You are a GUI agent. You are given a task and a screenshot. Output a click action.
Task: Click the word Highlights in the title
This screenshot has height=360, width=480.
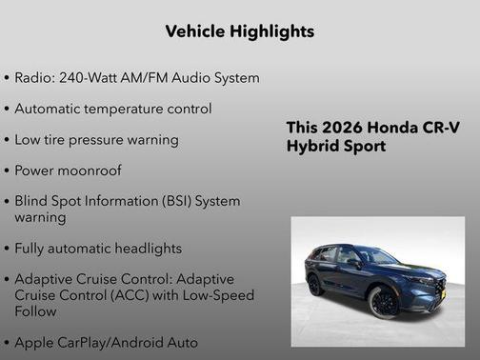pos(272,32)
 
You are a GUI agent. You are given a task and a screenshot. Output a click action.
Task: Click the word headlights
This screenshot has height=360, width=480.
pos(148,249)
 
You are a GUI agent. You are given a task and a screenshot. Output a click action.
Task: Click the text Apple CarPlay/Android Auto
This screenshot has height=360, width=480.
pos(107,342)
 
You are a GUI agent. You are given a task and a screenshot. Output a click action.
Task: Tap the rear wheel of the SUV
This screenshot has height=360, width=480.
pos(315,284)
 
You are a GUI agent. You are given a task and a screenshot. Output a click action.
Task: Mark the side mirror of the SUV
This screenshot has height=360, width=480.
pos(354,263)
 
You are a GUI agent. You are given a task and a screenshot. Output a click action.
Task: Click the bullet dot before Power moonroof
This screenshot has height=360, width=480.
pos(8,171)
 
